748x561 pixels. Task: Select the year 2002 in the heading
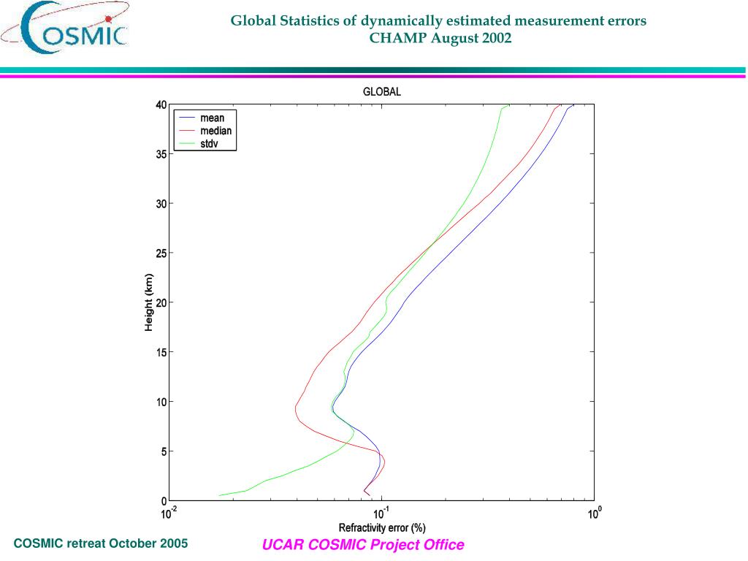[x=497, y=38]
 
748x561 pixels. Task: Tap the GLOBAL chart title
[x=382, y=92]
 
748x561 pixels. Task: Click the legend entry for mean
[x=212, y=118]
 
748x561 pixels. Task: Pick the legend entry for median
[x=215, y=131]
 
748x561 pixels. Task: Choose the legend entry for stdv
[x=209, y=144]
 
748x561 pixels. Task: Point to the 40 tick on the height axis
[x=161, y=104]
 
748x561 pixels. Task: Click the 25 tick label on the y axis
[x=161, y=253]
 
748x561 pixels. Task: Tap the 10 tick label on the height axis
[x=161, y=402]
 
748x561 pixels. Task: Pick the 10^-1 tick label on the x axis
[x=380, y=513]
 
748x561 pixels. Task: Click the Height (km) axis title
[x=148, y=302]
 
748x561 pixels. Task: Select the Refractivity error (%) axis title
[x=382, y=527]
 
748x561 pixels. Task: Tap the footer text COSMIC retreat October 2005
[x=101, y=543]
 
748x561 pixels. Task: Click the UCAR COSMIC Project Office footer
[x=363, y=545]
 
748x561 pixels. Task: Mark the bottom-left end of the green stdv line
[x=219, y=495]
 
